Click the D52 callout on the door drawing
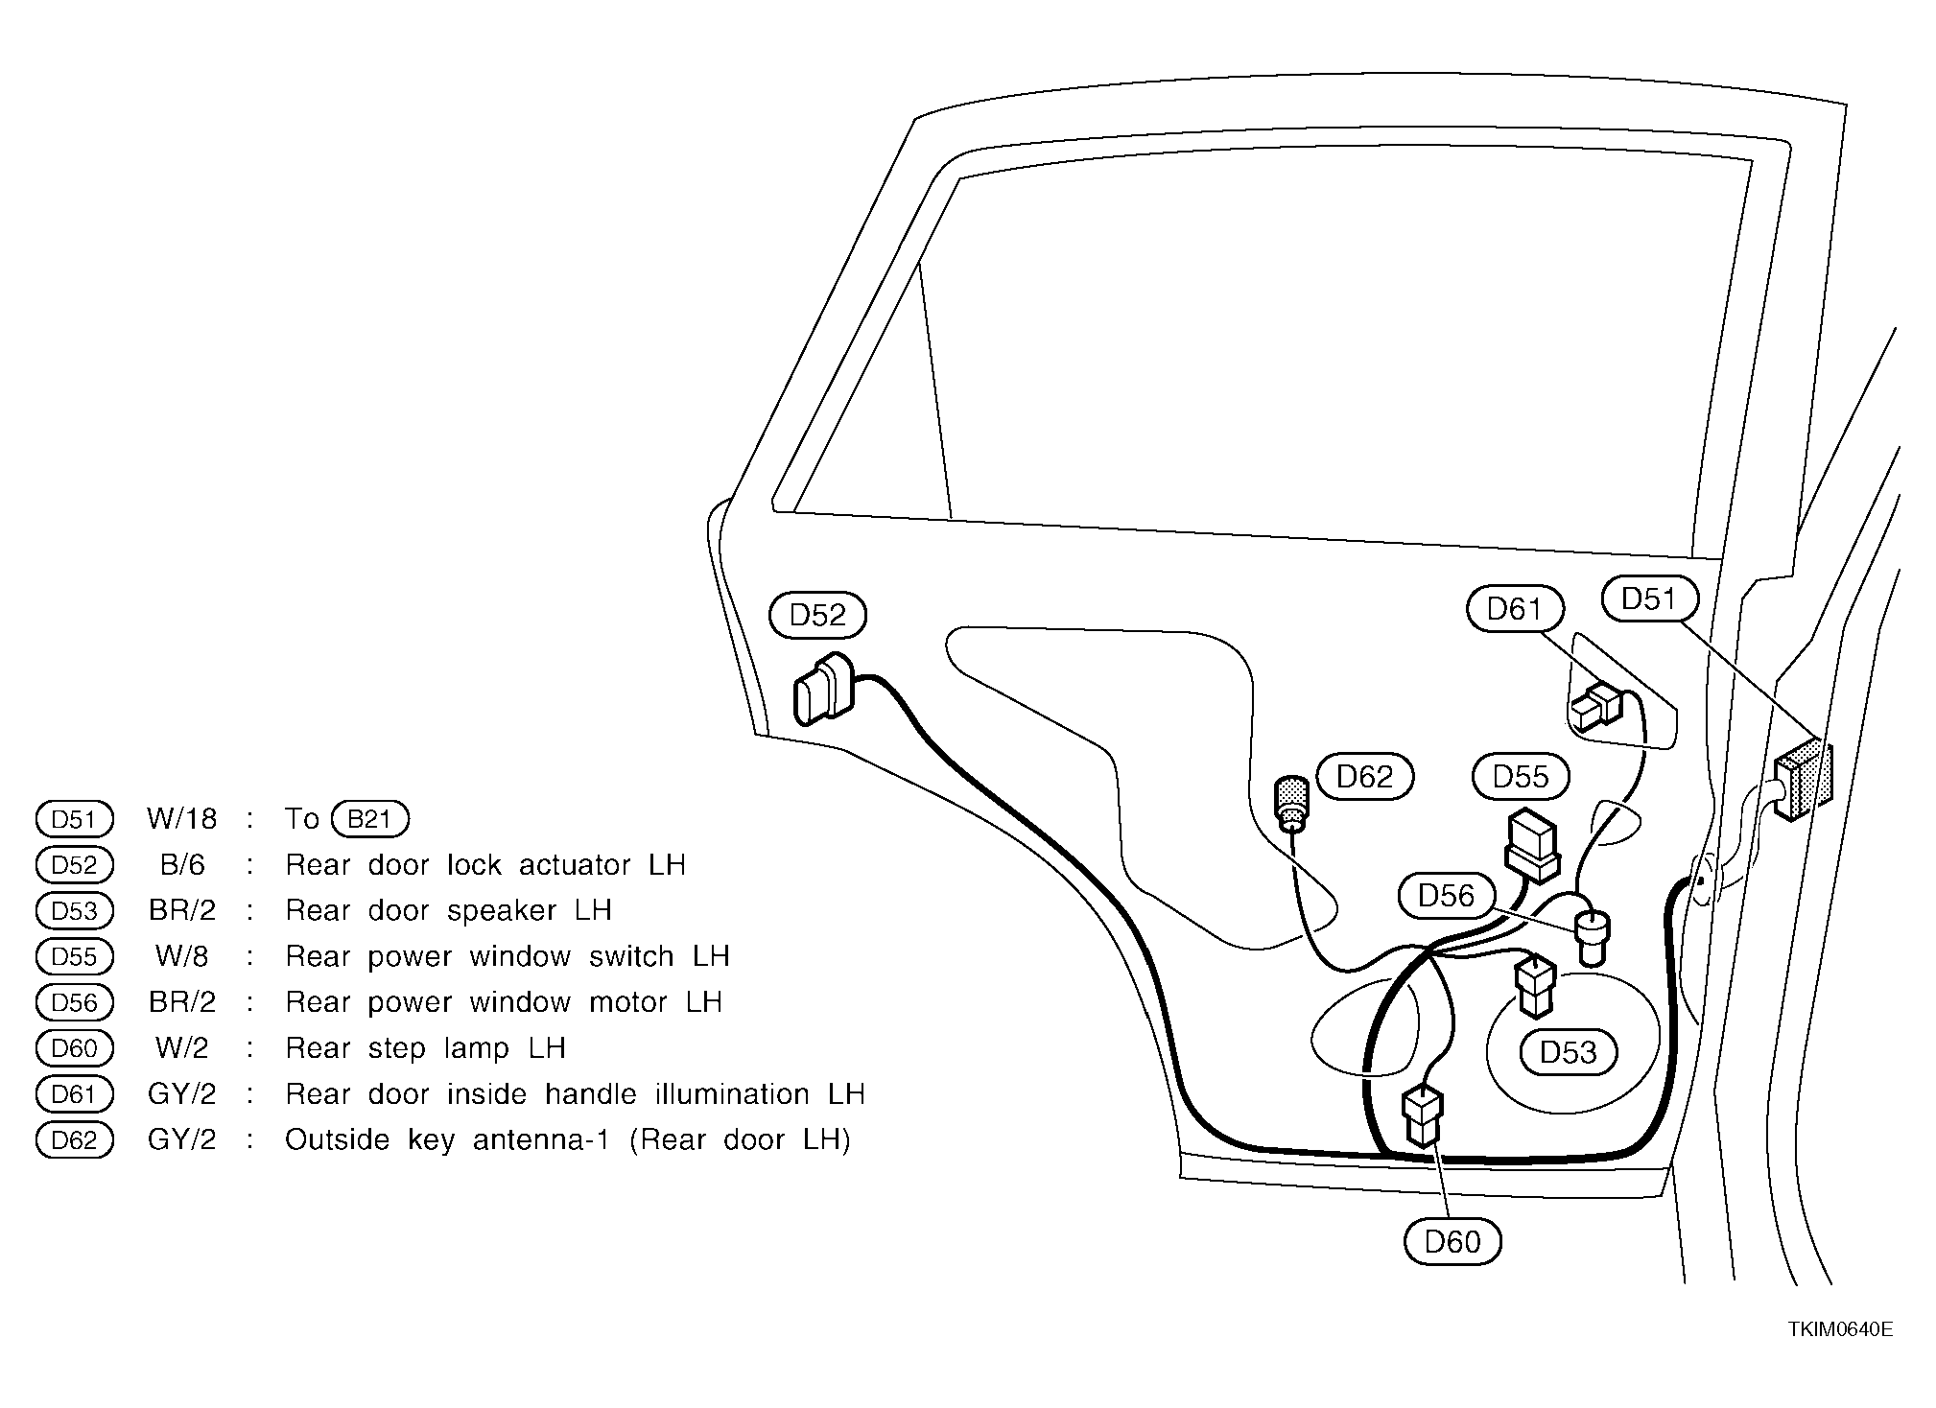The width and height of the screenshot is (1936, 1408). (x=817, y=616)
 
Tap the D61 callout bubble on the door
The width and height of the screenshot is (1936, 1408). (x=1515, y=609)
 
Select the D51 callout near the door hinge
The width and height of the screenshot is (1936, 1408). (x=1649, y=599)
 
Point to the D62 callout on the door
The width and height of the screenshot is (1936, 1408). (x=1365, y=777)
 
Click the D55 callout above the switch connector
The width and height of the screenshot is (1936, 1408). (x=1521, y=777)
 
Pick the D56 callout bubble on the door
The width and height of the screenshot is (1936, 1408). (x=1446, y=896)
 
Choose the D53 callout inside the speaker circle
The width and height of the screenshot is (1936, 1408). (x=1569, y=1052)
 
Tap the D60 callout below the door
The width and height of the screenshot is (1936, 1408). (x=1452, y=1242)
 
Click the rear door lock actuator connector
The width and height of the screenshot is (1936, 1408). (x=823, y=689)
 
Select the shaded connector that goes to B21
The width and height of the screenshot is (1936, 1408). (x=1801, y=778)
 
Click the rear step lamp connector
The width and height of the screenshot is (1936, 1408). (x=1422, y=1115)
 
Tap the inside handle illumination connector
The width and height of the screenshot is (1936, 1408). (x=1595, y=707)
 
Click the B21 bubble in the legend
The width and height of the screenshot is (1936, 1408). (x=369, y=819)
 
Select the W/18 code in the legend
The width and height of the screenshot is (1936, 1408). (x=182, y=819)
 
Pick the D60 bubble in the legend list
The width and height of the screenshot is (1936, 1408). (x=75, y=1048)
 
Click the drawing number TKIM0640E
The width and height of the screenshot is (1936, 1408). (x=1840, y=1329)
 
